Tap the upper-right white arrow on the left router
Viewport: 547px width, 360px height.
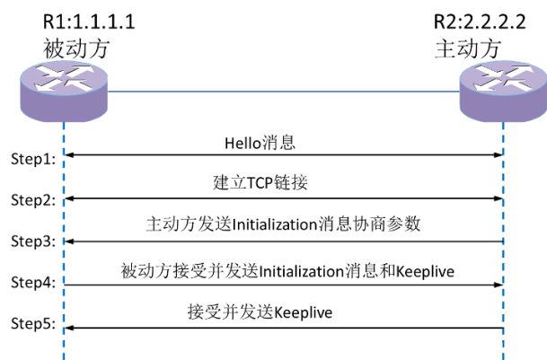click(78, 71)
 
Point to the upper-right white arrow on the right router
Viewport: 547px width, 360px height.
click(517, 70)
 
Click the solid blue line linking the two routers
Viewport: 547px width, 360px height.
click(283, 92)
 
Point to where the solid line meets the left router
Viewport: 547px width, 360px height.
click(108, 92)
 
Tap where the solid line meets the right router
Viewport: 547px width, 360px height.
click(460, 92)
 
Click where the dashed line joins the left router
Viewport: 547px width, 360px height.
click(64, 123)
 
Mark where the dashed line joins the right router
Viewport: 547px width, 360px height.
click(503, 123)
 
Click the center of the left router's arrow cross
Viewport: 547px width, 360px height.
click(64, 78)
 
